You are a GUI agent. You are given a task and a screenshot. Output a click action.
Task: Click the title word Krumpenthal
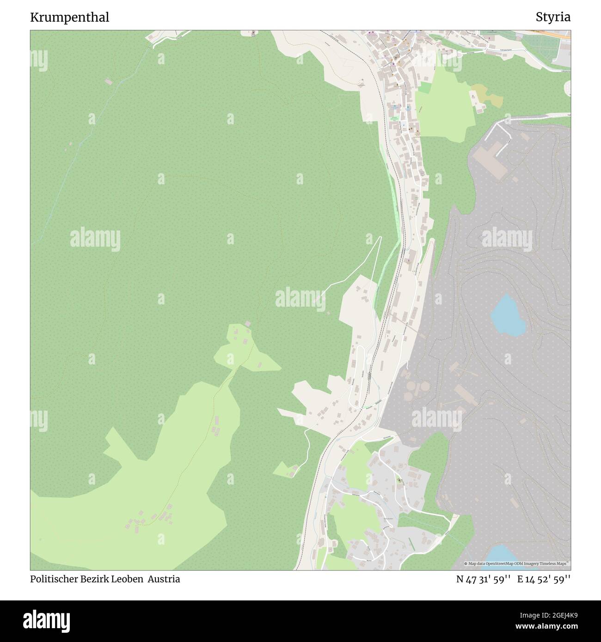coord(70,18)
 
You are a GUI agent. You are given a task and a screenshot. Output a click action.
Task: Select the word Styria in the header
coord(553,18)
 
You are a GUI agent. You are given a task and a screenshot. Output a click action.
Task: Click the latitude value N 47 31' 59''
coord(483,579)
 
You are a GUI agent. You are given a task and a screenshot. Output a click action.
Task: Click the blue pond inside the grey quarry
coord(507,315)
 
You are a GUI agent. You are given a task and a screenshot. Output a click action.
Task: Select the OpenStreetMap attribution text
coord(517,564)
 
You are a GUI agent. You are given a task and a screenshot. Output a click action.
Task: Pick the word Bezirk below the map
coord(94,579)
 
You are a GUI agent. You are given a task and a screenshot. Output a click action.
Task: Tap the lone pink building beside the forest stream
coord(108,82)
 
